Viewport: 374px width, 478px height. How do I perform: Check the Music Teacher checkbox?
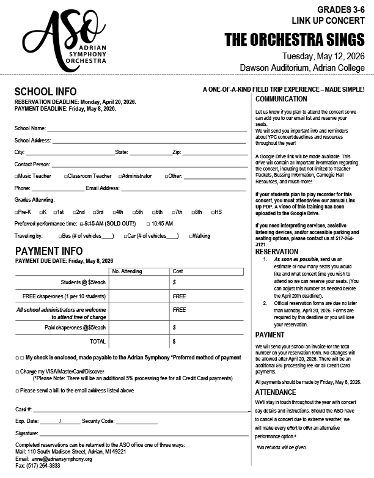[16, 176]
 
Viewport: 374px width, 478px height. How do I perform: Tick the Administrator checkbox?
[120, 176]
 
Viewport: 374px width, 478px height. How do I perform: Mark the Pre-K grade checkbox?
[16, 212]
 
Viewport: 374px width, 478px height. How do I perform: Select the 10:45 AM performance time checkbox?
[147, 224]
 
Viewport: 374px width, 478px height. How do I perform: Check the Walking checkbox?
[191, 235]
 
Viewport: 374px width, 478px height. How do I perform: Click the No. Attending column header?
[127, 271]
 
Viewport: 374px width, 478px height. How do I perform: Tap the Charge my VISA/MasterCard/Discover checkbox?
[17, 371]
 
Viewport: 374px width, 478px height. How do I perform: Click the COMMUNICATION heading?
[282, 99]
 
